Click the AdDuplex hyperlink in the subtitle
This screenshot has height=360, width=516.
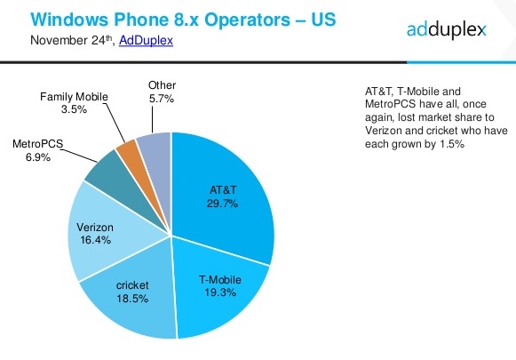click(146, 40)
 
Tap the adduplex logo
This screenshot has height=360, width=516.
click(446, 29)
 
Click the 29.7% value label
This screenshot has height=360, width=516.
click(222, 204)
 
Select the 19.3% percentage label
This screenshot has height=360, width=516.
click(220, 292)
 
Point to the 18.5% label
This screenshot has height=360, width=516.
click(132, 299)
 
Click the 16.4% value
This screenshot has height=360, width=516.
click(95, 240)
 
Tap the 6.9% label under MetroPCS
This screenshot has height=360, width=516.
click(38, 157)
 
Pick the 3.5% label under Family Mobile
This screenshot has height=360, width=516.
click(74, 109)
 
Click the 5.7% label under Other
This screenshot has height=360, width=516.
click(162, 99)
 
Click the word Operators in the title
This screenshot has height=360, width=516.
click(247, 20)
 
